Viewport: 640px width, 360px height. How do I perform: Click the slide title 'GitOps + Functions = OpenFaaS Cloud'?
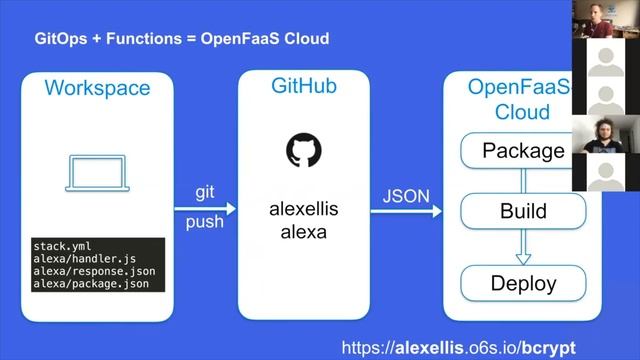pos(182,39)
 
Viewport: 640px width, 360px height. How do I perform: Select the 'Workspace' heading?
pos(97,88)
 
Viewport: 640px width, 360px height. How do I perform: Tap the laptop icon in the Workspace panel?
pos(96,171)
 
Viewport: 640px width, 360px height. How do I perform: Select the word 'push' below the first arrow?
pos(204,222)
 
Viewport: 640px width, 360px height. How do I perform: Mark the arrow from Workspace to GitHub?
pos(205,208)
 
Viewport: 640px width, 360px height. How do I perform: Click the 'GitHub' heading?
pos(304,86)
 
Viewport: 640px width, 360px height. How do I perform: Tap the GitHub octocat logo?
pos(304,150)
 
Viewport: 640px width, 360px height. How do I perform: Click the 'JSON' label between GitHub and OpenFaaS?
pos(405,190)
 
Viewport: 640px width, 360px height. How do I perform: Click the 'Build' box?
pos(523,211)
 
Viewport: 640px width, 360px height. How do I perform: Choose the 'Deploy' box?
pos(523,283)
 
